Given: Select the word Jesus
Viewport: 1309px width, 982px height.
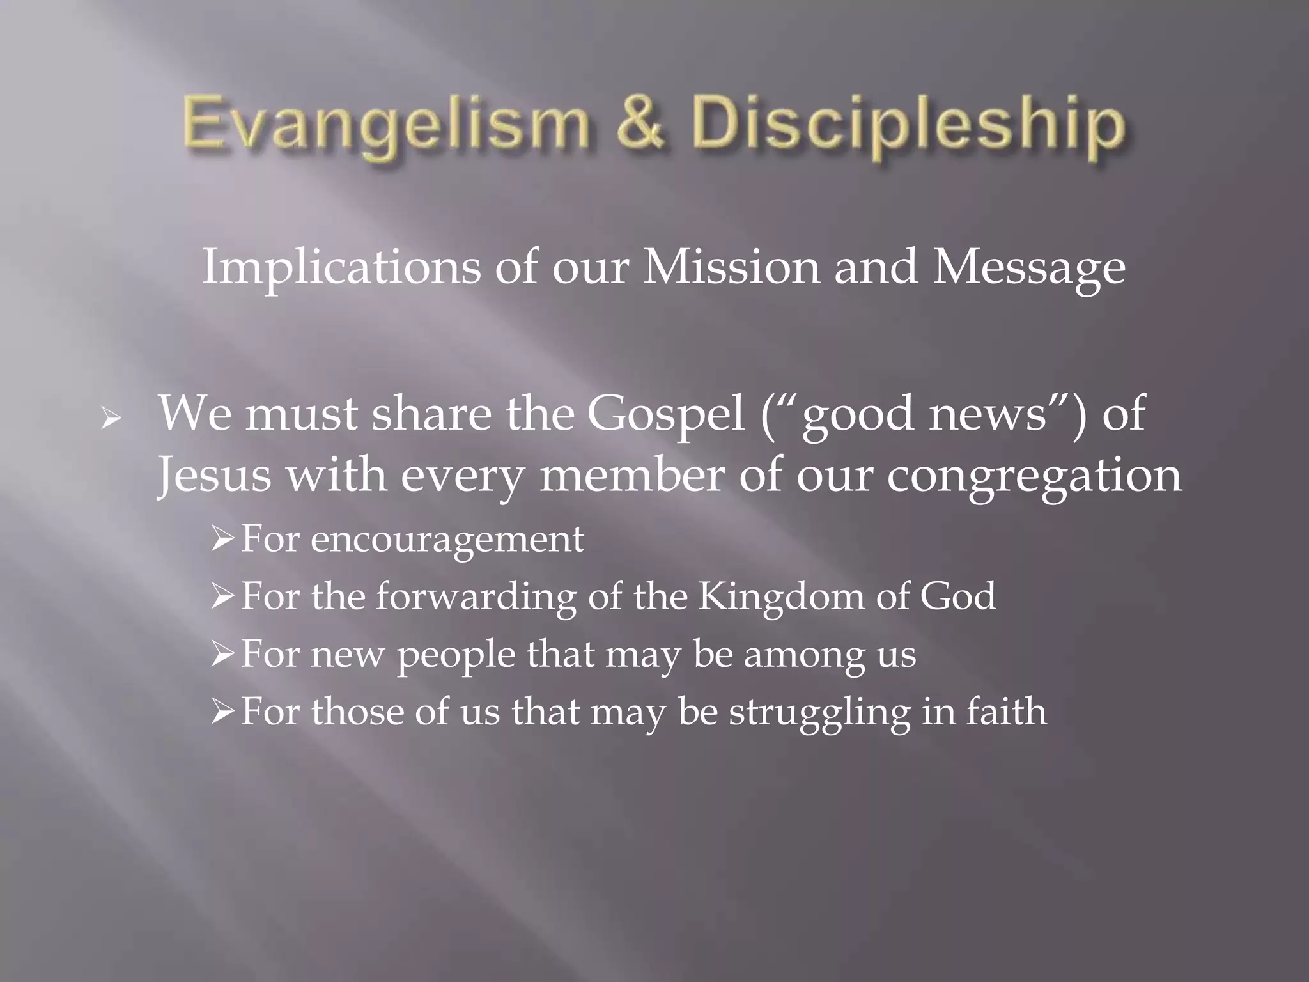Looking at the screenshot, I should pyautogui.click(x=214, y=476).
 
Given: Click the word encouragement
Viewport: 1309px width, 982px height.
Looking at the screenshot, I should pyautogui.click(x=447, y=540).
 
